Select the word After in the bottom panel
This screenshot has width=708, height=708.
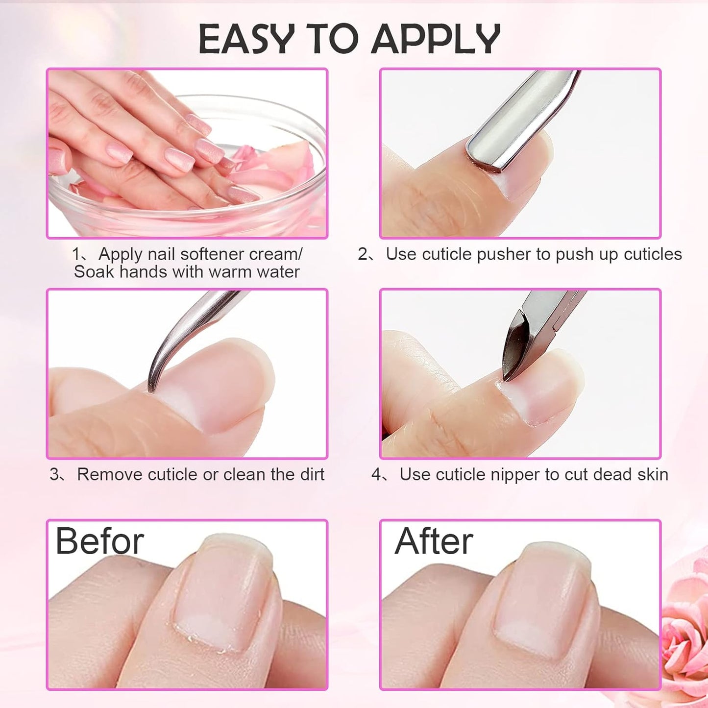point(434,541)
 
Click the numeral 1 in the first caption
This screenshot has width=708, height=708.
point(76,254)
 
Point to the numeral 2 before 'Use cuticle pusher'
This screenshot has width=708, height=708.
point(363,254)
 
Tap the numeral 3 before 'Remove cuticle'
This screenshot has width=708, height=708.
point(54,474)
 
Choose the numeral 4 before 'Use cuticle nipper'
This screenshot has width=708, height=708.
point(376,474)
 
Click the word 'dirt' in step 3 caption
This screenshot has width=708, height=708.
point(311,474)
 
